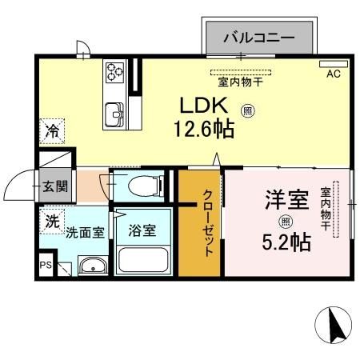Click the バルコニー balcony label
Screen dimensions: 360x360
click(258, 37)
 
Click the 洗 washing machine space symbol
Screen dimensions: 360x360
click(51, 222)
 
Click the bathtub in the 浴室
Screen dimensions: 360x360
click(142, 259)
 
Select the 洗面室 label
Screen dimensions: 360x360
click(85, 233)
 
